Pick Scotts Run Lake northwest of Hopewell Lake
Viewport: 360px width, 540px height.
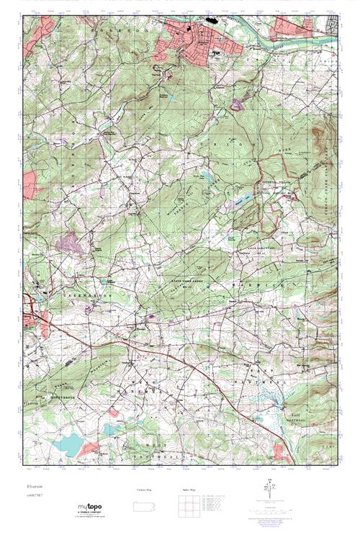pos(204,175)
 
